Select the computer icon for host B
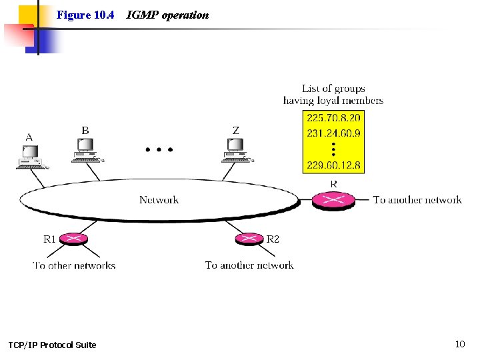85,151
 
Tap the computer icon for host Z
235,151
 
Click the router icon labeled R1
73,239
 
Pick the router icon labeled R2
250,239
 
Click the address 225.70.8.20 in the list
333,118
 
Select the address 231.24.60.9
333,133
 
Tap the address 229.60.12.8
333,165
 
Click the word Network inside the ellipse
159,199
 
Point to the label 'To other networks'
74,265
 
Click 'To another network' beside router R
417,199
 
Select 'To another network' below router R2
249,265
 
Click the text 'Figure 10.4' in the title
85,15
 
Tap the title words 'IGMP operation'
167,15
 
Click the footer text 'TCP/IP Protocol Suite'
52,345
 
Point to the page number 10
459,344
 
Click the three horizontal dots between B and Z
159,150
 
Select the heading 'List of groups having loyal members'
333,95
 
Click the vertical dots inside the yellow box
333,149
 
